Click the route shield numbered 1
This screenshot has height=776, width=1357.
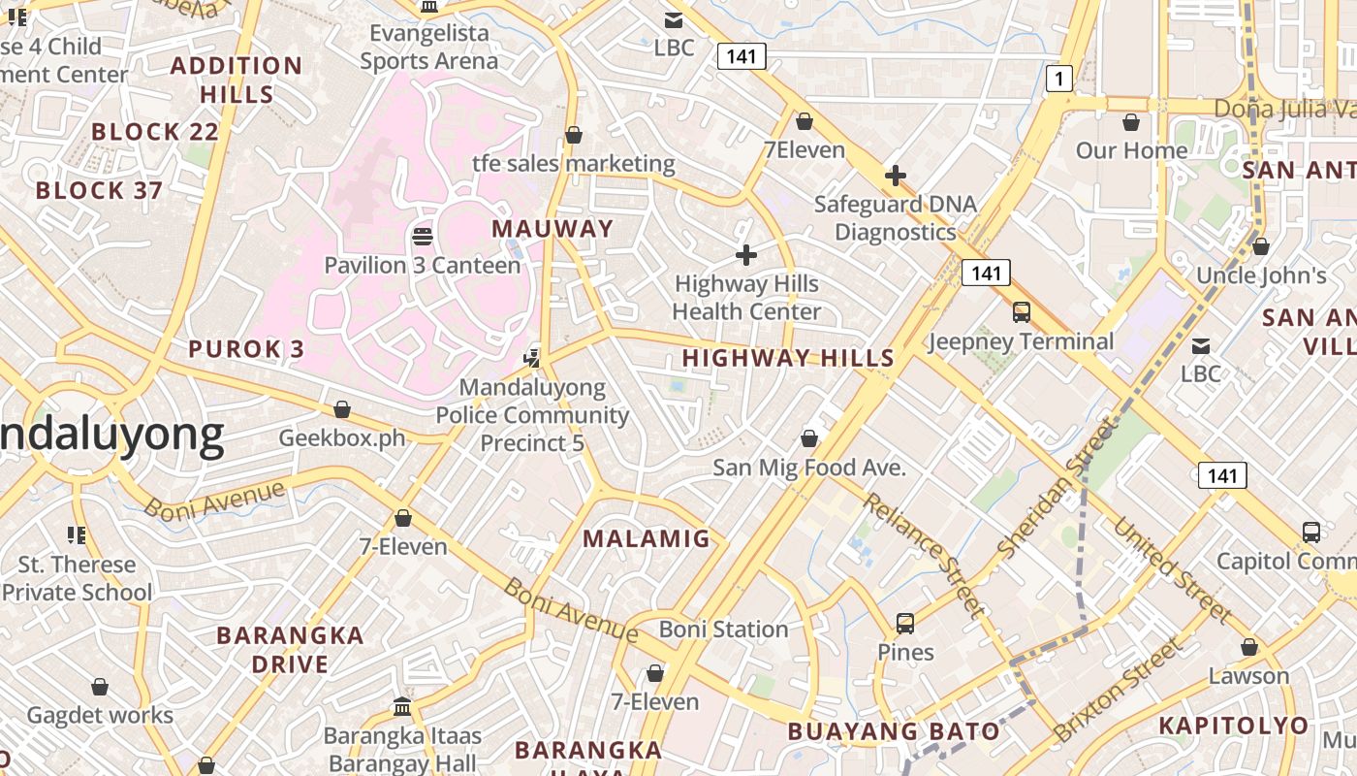1059,79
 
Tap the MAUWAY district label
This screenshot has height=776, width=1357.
552,229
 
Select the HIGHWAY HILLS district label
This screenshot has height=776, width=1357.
788,358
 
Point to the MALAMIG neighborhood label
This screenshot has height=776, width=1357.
647,538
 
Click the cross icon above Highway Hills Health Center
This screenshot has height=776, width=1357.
746,255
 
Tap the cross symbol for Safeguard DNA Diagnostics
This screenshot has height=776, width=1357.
896,176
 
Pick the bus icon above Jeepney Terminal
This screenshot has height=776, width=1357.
1022,312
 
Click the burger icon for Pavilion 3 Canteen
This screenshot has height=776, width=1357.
423,236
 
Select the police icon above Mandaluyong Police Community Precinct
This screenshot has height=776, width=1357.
532,358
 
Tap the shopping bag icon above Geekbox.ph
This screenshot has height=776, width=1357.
341,410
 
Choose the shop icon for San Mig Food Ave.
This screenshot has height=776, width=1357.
809,439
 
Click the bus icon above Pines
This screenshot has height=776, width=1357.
905,624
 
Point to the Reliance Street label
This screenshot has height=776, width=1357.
924,555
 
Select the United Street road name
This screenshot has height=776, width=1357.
1172,570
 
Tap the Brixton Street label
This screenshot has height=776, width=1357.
1120,689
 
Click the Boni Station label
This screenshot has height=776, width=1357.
724,630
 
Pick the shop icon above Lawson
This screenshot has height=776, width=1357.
1249,647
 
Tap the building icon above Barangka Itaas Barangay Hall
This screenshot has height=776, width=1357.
402,707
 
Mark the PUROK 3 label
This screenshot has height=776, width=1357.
246,349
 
